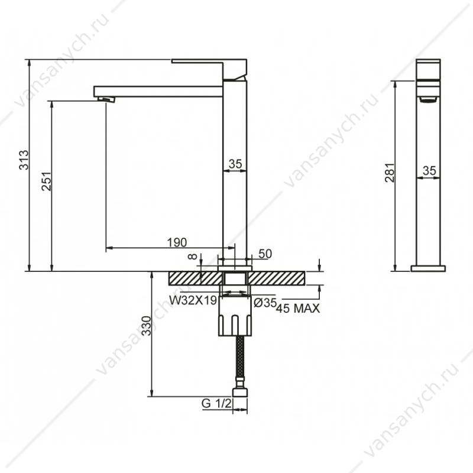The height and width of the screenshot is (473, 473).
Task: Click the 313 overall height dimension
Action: pos(24,160)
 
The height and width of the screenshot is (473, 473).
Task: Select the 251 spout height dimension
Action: pos(47,182)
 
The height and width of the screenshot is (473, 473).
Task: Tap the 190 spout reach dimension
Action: pos(177,242)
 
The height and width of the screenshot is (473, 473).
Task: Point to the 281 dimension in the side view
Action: pos(390,173)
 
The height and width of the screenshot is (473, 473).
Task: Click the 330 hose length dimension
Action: pos(146,326)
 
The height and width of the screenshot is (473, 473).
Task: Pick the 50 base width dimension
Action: pos(265,254)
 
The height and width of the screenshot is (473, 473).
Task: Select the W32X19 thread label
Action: pos(193,300)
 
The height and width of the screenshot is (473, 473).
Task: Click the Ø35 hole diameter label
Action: pos(265,303)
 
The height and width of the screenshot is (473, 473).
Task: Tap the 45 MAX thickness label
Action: pos(298,308)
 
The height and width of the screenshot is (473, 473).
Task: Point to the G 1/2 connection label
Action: pos(216,403)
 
